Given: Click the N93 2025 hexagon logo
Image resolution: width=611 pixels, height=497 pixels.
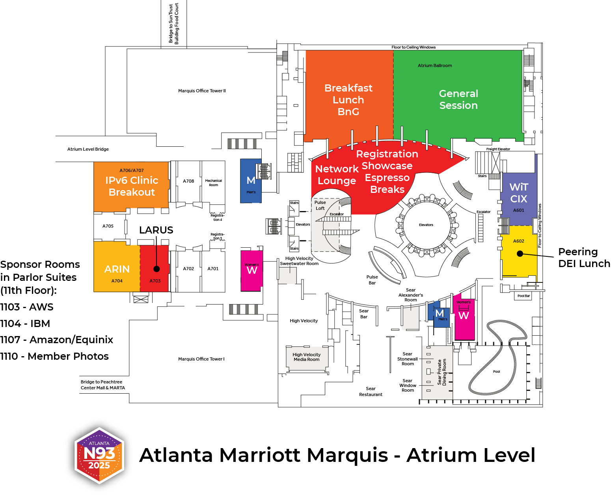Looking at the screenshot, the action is click(x=99, y=455).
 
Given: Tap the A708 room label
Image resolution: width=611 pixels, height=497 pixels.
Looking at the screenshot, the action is click(x=188, y=181).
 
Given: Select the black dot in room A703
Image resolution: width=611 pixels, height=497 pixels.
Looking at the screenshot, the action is click(x=156, y=269).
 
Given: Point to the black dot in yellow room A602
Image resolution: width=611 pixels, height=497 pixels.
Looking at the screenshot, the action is click(x=520, y=254).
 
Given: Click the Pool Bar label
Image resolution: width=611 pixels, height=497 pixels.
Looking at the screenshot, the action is click(x=523, y=296).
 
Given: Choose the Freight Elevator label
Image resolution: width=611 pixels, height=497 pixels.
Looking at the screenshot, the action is click(x=498, y=149).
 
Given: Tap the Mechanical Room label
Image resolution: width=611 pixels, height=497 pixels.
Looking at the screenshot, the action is click(x=213, y=183).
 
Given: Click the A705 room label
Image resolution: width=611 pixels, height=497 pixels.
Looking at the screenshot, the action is click(x=108, y=226).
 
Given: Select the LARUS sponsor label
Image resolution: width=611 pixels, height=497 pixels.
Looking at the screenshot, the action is click(x=156, y=230).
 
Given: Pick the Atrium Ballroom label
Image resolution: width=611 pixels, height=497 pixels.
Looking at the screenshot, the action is click(x=434, y=66).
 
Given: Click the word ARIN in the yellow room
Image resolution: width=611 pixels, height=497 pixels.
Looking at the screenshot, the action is click(x=117, y=269).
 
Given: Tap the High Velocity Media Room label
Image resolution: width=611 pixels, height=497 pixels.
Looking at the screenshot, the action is click(x=306, y=357).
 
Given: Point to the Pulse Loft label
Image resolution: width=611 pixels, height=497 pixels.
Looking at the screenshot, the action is click(x=320, y=206).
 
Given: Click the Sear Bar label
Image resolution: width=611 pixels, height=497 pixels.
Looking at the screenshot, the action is click(x=364, y=314).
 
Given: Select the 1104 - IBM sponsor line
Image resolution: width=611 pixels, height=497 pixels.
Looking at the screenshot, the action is click(x=25, y=324).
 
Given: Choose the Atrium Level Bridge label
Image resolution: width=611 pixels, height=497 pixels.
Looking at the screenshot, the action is click(x=88, y=149).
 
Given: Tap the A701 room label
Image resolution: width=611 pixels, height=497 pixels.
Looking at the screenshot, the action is click(x=213, y=269).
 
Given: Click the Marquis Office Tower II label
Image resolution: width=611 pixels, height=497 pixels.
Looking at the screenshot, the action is click(x=202, y=91).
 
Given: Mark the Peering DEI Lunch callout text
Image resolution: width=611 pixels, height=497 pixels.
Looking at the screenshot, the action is click(x=584, y=258).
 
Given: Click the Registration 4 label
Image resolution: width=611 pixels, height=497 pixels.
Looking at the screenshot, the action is click(x=218, y=217).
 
